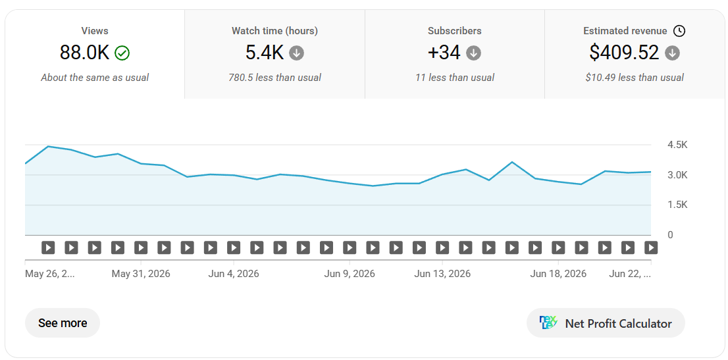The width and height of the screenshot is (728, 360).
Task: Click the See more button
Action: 63,323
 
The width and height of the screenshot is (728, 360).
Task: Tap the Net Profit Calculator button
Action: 606,323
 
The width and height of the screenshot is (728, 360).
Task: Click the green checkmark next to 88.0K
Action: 122,53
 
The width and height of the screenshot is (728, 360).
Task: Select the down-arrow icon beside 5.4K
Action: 297,53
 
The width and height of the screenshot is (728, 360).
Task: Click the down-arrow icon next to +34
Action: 473,53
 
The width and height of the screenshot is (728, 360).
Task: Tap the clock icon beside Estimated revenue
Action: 679,31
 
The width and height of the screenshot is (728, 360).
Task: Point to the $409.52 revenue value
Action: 624,53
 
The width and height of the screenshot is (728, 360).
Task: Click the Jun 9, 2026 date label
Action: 349,274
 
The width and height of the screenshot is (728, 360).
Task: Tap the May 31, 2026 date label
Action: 141,274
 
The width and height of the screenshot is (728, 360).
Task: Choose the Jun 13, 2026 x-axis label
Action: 442,274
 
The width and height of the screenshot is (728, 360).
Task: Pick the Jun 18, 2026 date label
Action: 558,274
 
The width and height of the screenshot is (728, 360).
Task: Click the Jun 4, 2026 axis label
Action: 234,274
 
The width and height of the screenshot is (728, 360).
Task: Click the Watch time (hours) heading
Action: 275,31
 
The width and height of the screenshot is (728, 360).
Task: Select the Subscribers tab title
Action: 455,31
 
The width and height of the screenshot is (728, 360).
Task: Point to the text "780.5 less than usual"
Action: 275,78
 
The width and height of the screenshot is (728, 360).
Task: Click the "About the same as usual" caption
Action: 95,78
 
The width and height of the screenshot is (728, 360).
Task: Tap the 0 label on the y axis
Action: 670,235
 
